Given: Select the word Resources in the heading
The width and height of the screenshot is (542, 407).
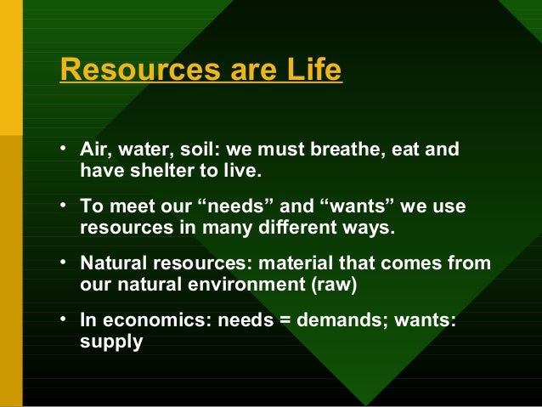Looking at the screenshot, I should pos(124,71).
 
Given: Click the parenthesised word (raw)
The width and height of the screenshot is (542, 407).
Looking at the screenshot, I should pos(334,285).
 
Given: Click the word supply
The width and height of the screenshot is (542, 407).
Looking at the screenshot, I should pos(110,342).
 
